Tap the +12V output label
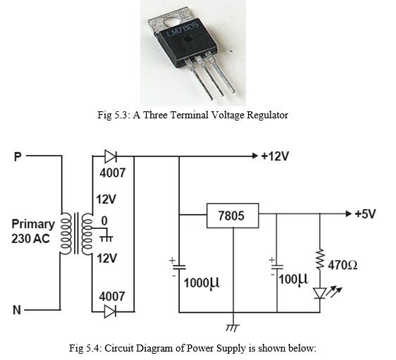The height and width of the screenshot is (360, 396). click(275, 156)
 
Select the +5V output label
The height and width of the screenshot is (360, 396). click(365, 214)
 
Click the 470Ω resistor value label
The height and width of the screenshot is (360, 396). click(342, 265)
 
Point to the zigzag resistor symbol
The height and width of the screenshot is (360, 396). click(320, 259)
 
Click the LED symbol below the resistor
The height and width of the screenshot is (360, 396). click(320, 293)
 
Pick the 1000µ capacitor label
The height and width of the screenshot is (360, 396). click(202, 283)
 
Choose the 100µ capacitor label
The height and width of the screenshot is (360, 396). click(294, 279)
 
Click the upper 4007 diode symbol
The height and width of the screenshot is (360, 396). click(111, 156)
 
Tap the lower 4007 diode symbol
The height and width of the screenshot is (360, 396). click(111, 311)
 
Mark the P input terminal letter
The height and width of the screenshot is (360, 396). click(18, 156)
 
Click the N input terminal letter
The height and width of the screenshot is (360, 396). click(17, 310)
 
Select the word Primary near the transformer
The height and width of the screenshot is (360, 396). click(33, 225)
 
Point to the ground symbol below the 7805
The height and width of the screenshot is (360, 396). click(233, 328)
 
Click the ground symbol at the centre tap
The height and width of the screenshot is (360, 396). click(106, 238)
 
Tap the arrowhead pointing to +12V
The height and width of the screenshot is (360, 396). click(255, 156)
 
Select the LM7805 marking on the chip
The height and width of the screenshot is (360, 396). click(182, 30)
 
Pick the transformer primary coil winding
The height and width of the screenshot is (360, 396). click(65, 233)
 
